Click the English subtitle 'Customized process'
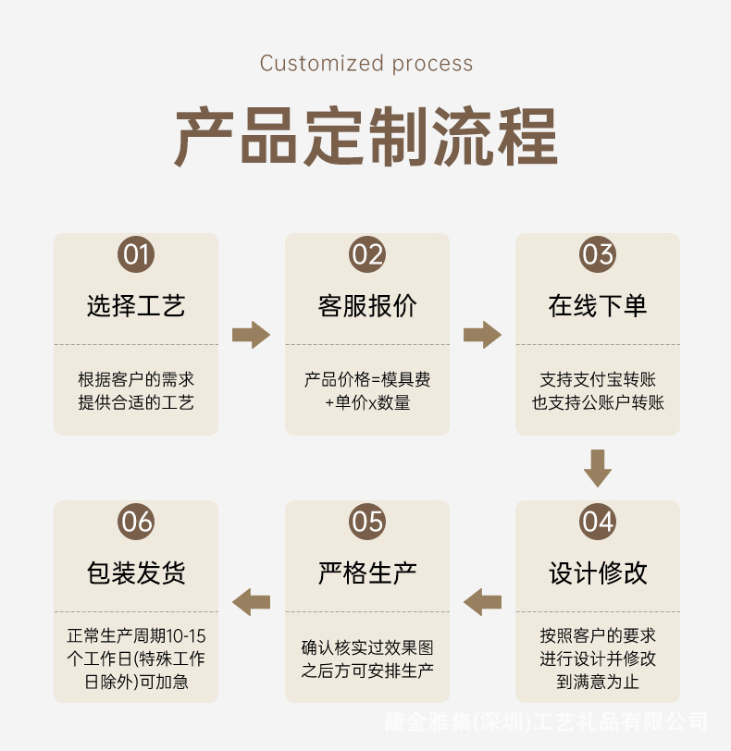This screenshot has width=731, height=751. pyautogui.click(x=366, y=64)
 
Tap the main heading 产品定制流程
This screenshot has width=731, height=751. pyautogui.click(x=366, y=137)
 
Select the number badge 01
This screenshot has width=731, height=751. pyautogui.click(x=136, y=254)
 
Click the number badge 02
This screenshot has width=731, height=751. pyautogui.click(x=367, y=254)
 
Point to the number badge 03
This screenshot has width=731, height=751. pyautogui.click(x=598, y=254)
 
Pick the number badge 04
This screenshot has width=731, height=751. pyautogui.click(x=598, y=522)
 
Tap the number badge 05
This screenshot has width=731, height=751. pyautogui.click(x=367, y=522)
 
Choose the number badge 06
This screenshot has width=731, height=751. pyautogui.click(x=136, y=522)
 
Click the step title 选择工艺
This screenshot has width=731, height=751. pyautogui.click(x=136, y=305)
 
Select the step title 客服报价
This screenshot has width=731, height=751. pyautogui.click(x=367, y=305)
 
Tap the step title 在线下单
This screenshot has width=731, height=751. pyautogui.click(x=598, y=305)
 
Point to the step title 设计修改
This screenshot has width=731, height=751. pyautogui.click(x=598, y=572)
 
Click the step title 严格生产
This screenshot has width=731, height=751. pyautogui.click(x=367, y=572)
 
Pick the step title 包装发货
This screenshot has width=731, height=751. pyautogui.click(x=136, y=572)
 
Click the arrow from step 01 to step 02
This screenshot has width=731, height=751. pyautogui.click(x=251, y=335)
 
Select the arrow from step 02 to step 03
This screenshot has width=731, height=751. pyautogui.click(x=482, y=335)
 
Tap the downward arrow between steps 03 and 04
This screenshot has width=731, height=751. pyautogui.click(x=598, y=468)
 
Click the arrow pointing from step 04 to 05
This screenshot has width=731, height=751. pyautogui.click(x=482, y=602)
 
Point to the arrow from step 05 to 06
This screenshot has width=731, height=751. pyautogui.click(x=251, y=602)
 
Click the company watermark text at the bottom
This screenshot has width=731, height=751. pyautogui.click(x=546, y=721)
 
